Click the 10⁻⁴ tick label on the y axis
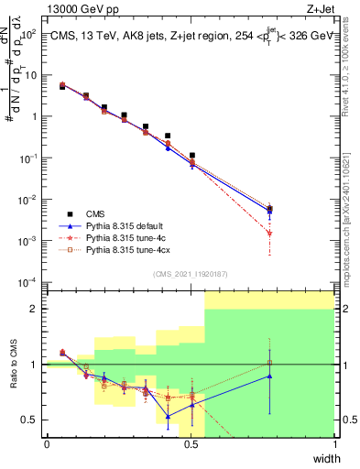click(x=29, y=281)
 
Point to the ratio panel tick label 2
click(x=34, y=309)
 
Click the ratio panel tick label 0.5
click(x=30, y=420)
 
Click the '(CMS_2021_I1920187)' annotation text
click(x=191, y=273)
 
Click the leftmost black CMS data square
click(x=62, y=87)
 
